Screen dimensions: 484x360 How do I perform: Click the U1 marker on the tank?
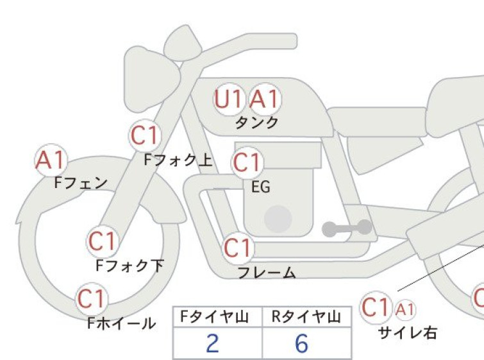[229, 99]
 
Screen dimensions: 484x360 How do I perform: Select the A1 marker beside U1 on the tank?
[265, 99]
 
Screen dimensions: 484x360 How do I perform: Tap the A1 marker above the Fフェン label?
[51, 160]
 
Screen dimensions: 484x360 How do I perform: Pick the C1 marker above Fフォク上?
[145, 135]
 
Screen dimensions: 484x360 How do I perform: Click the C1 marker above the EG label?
[247, 162]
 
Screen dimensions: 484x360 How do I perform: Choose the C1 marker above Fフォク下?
[103, 241]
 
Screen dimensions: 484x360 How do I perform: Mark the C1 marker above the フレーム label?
[238, 248]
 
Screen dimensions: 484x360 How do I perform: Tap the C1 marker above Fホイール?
[92, 299]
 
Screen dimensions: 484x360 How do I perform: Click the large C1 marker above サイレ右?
[376, 307]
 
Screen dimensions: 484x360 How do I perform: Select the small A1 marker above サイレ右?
[405, 309]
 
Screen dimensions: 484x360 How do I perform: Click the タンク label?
[257, 123]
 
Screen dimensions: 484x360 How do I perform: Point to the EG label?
[261, 187]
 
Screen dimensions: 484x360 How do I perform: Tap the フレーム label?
[267, 272]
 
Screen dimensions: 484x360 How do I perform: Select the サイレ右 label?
[408, 333]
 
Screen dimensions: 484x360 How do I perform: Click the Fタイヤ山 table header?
[215, 317]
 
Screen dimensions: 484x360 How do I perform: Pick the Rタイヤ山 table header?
[306, 317]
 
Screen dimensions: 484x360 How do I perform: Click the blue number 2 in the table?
[212, 343]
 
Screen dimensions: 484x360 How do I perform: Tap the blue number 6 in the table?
[301, 343]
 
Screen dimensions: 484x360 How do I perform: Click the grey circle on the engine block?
[278, 219]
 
